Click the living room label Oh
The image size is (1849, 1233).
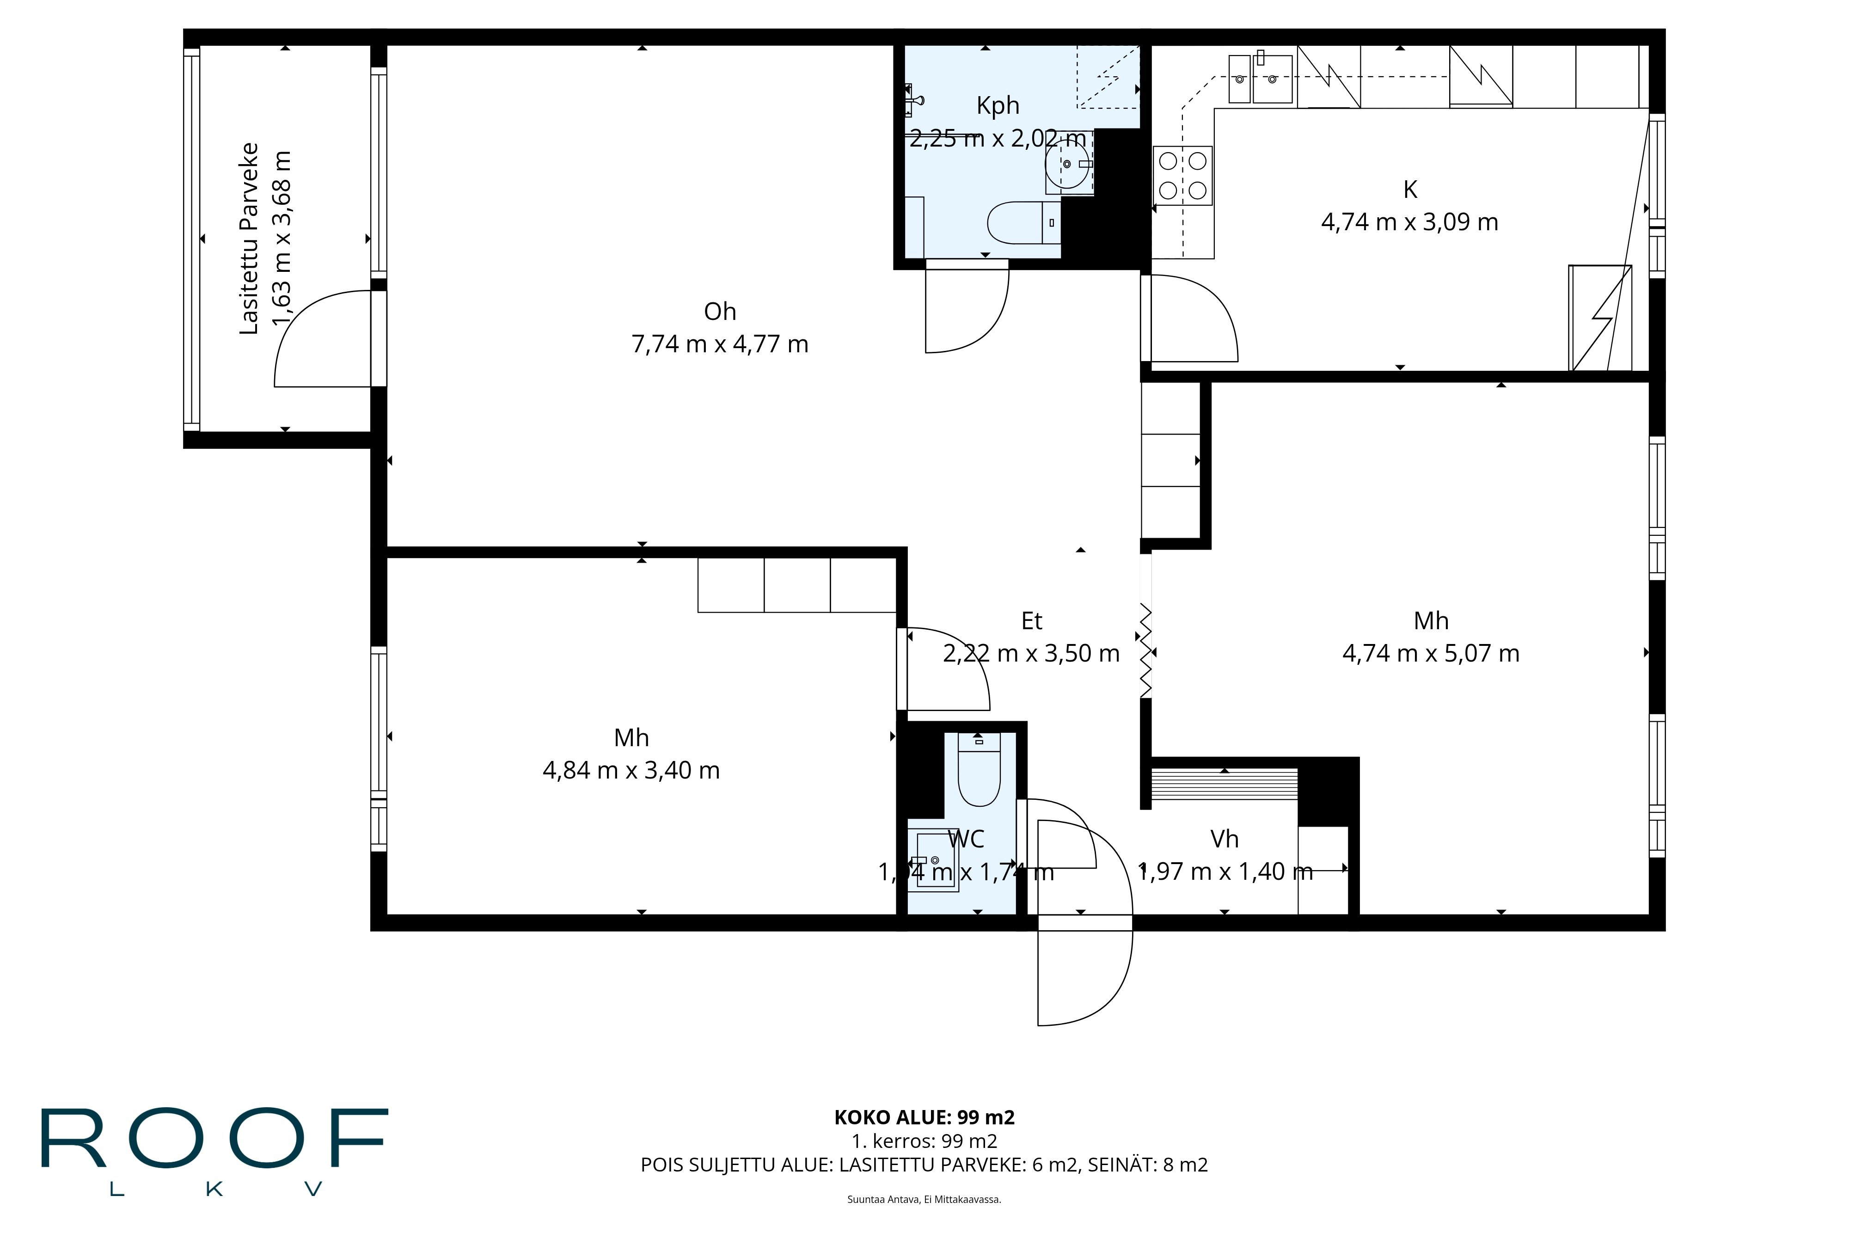[719, 312]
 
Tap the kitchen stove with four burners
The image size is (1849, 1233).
[1182, 175]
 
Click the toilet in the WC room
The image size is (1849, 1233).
[979, 774]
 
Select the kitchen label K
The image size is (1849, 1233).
[1409, 190]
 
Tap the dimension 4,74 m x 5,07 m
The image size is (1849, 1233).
[1430, 653]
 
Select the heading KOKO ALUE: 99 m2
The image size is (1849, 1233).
[924, 1116]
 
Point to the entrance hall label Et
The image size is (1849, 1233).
[1031, 621]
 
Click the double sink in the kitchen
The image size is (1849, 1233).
[1260, 79]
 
